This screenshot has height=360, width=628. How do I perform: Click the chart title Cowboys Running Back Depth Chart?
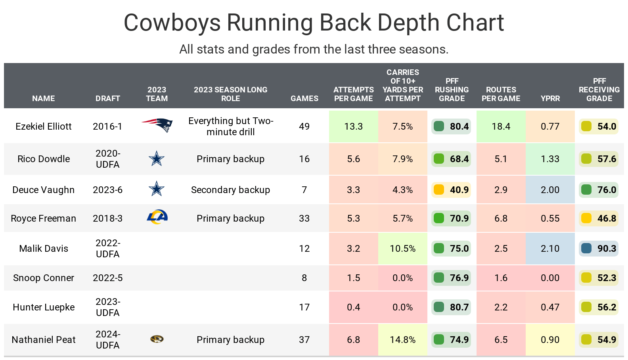[x=314, y=23]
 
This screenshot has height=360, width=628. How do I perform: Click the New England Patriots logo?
[x=157, y=125]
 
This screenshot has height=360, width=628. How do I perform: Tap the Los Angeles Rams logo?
[x=157, y=217]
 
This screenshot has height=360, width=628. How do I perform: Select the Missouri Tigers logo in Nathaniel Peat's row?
[x=157, y=339]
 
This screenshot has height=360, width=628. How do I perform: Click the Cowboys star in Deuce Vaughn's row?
[x=157, y=189]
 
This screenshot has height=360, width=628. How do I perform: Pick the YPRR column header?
[x=550, y=98]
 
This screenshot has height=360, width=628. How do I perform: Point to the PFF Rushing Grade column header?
[x=452, y=90]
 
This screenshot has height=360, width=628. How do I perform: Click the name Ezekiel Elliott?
[x=44, y=126]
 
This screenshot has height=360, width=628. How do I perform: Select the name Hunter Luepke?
[x=44, y=307]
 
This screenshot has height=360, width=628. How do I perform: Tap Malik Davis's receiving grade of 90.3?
[x=599, y=249]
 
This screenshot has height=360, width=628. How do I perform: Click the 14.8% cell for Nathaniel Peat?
[x=402, y=340]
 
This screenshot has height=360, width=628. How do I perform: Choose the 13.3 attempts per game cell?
[x=353, y=126]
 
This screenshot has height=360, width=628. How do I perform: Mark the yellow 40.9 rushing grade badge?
[x=451, y=190]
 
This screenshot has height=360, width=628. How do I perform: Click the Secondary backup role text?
[x=230, y=190]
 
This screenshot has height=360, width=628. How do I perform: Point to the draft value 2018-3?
[x=107, y=218]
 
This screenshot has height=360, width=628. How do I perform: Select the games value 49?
[x=304, y=126]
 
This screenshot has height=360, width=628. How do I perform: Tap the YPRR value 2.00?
[x=550, y=190]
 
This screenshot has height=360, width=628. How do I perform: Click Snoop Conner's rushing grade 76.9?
[x=451, y=278]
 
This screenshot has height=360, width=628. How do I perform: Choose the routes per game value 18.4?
[x=501, y=126]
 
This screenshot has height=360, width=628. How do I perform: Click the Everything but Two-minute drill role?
[x=230, y=126]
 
